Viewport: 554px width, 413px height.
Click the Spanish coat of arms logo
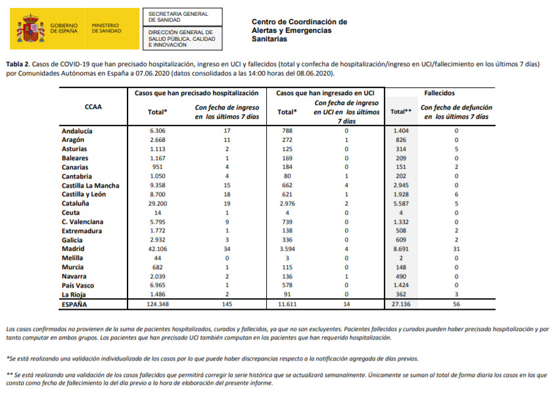click(30, 29)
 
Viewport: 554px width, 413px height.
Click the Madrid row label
click(72, 249)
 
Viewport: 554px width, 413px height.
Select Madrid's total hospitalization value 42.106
click(157, 249)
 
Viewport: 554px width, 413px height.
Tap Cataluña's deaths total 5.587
click(400, 204)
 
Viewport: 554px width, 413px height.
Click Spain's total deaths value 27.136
click(400, 305)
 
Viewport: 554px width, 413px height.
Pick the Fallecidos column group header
click(439, 93)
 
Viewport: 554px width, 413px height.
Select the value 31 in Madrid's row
click(456, 249)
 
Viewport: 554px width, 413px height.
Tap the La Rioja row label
click(74, 295)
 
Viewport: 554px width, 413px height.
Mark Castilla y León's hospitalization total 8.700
click(157, 194)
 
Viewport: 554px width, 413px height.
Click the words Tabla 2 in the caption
click(17, 64)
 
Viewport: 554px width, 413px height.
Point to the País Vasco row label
click(78, 286)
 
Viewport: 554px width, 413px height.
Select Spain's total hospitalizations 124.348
click(157, 305)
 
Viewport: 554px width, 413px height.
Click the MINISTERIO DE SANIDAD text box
click(106, 28)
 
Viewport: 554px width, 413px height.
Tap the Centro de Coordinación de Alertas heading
click(299, 30)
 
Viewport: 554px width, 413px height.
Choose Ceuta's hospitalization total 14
click(157, 213)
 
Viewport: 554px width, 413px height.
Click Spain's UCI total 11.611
click(287, 305)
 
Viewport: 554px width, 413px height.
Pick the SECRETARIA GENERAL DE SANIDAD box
click(178, 16)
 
